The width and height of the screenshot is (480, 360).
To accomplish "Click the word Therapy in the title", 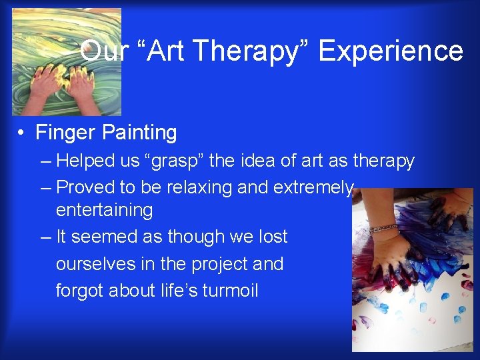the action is point(251,51).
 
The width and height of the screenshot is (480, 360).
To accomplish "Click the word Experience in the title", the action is point(391,51).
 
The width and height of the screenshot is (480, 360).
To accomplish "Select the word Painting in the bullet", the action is point(139,133).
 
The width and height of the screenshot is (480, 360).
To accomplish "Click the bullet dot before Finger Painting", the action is point(21,133).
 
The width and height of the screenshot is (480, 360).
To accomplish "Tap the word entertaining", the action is point(105,210).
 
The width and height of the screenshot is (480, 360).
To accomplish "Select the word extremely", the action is point(313,187).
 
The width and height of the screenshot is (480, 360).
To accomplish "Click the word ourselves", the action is point(95,264).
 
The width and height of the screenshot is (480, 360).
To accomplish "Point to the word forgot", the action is point(79,291).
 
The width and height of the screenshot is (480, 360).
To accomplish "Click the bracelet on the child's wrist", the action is point(384,228).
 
